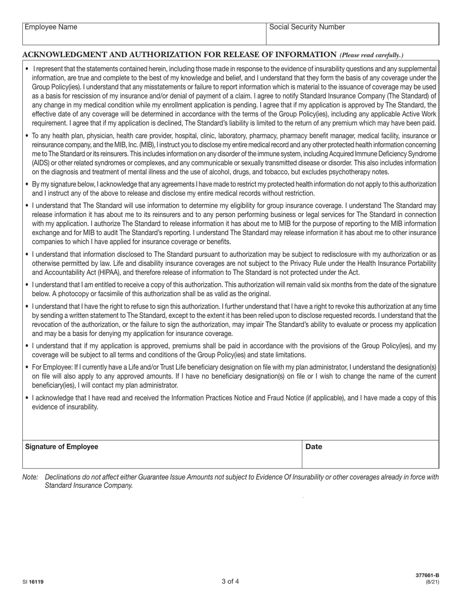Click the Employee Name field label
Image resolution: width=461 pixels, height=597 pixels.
tap(50, 27)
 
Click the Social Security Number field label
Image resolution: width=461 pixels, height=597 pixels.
tap(307, 27)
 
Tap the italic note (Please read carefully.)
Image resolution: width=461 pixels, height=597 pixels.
tap(371, 55)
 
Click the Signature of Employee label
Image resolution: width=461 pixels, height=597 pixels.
tap(61, 447)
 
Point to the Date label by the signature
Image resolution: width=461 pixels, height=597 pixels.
tap(313, 447)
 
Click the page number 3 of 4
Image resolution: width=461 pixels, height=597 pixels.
tap(230, 581)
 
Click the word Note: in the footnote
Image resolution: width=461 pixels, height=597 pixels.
tap(30, 477)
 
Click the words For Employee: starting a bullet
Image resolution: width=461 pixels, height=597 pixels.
tap(52, 367)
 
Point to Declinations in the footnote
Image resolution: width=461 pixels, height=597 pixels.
tap(64, 477)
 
